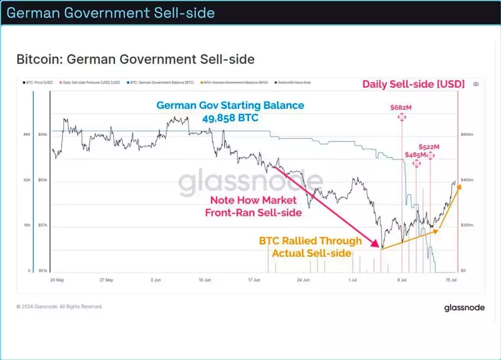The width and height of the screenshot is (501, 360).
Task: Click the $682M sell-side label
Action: pos(401,107)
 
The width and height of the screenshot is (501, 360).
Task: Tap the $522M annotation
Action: pos(429,147)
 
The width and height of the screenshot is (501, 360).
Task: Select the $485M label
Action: pos(415,155)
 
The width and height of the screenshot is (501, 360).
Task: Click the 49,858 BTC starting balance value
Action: pos(230,118)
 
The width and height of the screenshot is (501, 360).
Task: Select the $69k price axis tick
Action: pos(43,135)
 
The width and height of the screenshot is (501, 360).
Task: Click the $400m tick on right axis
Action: pos(467,180)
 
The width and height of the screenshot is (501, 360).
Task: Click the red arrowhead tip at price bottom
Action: pos(380,246)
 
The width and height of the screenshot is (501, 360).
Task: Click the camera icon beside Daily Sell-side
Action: pos(476,84)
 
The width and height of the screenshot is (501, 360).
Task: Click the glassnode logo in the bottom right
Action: pos(464,308)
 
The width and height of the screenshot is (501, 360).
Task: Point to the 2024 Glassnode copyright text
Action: pos(59,306)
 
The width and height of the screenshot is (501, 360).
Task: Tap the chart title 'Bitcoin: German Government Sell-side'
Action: pos(135,59)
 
